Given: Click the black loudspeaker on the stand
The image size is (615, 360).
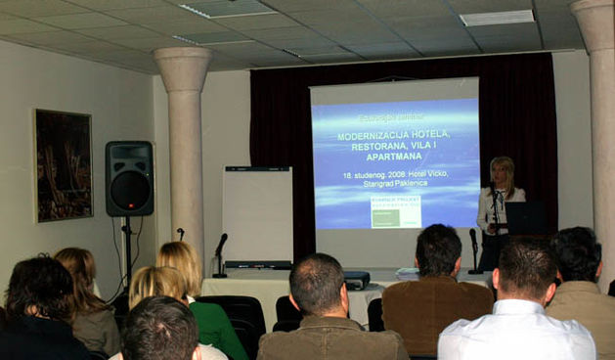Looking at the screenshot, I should pos(129,178).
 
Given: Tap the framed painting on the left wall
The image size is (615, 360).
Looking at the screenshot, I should pos(64,164).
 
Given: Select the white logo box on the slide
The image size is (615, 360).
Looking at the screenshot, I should pos(396,210).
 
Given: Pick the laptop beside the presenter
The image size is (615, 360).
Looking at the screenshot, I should pos(527,218).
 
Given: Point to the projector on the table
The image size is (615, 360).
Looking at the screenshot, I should pos(355,279).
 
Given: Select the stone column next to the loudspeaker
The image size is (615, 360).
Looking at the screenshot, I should pos(184,147).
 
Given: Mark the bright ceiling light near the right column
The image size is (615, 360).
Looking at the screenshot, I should pos(497,18).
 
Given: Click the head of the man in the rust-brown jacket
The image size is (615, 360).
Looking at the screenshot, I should pos(438,250).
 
